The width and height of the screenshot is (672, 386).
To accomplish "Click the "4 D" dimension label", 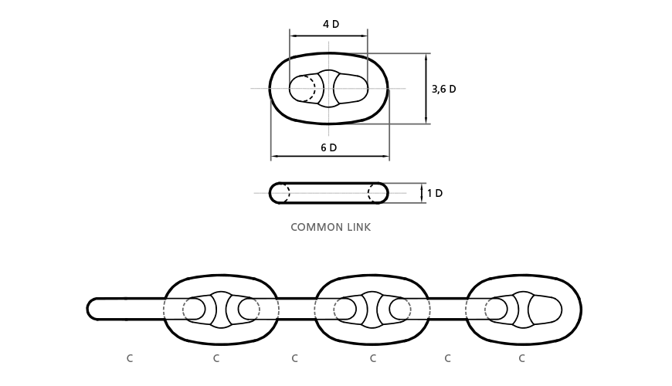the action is (331, 24).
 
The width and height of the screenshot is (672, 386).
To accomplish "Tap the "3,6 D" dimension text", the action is (443, 89).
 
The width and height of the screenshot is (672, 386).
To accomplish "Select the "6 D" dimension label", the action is (329, 147).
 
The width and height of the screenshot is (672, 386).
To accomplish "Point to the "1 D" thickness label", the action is (435, 193).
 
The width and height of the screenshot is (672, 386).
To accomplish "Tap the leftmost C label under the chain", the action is (130, 358).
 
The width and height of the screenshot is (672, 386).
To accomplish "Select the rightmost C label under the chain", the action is (521, 358).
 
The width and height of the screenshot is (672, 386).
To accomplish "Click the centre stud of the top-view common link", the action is (329, 89).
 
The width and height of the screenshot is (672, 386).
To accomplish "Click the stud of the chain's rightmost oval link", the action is (523, 310).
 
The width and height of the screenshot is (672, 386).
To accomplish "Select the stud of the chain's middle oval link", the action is (372, 310).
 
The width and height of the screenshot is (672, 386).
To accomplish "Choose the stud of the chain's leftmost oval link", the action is (221, 310).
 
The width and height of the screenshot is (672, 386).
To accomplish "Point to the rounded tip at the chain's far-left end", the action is (88, 309).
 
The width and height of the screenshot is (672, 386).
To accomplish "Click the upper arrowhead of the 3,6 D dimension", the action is (426, 57).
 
